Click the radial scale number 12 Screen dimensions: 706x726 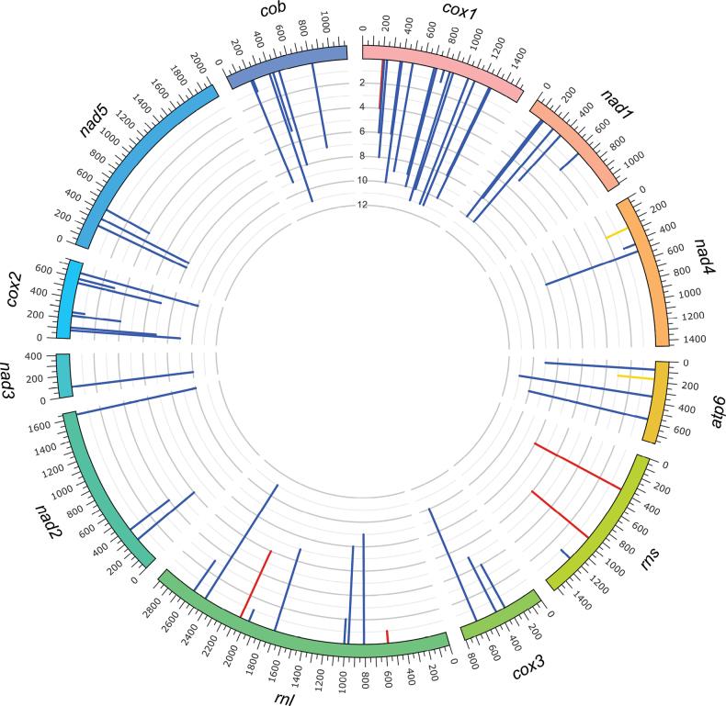pyautogui.click(x=362, y=205)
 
